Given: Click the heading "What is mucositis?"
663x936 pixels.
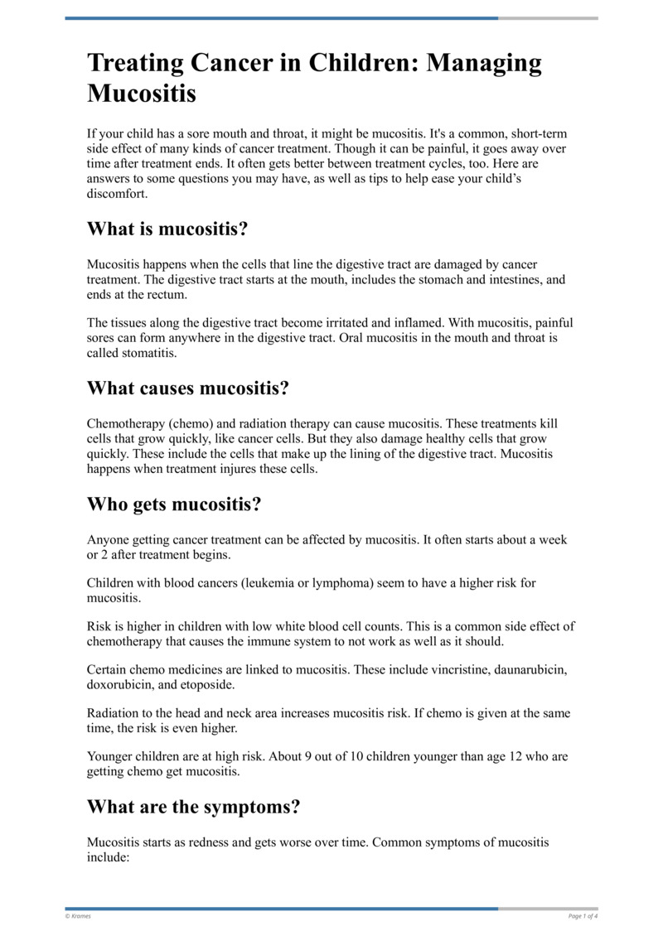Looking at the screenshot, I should pyautogui.click(x=167, y=229).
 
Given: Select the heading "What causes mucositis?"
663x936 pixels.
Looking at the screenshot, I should pyautogui.click(x=188, y=388).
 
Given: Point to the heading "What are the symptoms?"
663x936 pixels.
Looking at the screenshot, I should pyautogui.click(x=193, y=806).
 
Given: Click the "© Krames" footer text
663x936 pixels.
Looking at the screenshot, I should pyautogui.click(x=79, y=915).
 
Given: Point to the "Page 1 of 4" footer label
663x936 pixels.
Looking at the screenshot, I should pyautogui.click(x=583, y=915).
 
